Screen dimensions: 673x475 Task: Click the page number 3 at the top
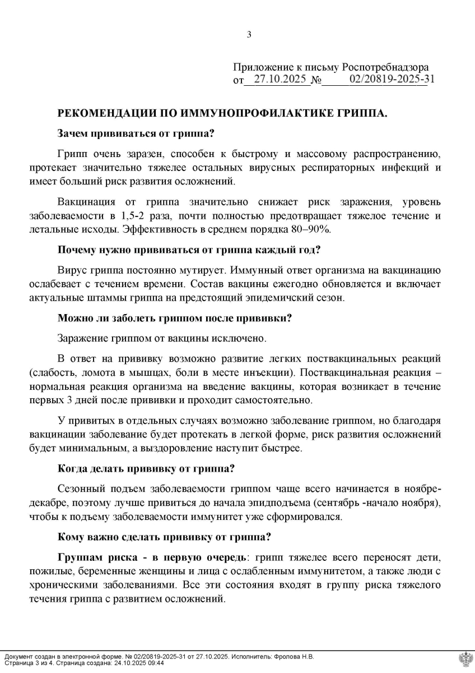[249, 35]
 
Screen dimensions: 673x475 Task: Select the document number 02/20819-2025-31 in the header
[392, 80]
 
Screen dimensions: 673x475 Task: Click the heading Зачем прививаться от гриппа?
[137, 134]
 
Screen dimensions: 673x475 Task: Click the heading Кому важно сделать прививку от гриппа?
[165, 537]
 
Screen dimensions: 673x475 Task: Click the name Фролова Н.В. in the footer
[294, 657]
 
